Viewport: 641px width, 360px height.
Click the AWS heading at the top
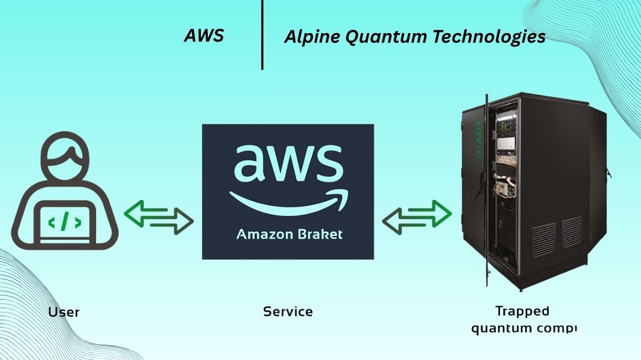pyautogui.click(x=204, y=36)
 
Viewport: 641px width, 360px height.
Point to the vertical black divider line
pyautogui.click(x=262, y=34)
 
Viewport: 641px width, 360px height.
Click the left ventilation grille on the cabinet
pyautogui.click(x=543, y=240)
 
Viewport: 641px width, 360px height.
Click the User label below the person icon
pyautogui.click(x=64, y=312)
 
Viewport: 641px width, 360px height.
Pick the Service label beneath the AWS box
pyautogui.click(x=288, y=311)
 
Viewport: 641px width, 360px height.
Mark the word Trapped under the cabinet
pyautogui.click(x=522, y=311)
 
